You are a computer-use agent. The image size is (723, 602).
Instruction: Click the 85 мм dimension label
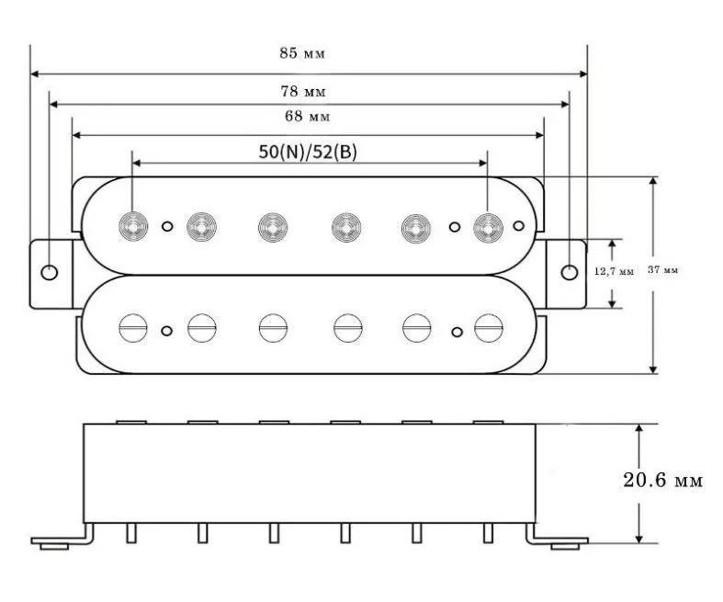click(302, 52)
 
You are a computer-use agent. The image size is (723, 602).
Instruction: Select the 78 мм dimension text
click(302, 92)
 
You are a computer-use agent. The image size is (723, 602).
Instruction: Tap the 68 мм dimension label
click(307, 117)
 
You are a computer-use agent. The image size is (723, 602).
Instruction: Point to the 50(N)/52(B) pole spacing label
click(308, 153)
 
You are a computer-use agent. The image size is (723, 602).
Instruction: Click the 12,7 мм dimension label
click(615, 272)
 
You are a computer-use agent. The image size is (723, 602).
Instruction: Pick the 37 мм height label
click(662, 270)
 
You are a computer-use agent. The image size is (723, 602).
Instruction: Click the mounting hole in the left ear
click(50, 272)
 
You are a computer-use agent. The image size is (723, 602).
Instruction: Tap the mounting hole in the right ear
click(570, 272)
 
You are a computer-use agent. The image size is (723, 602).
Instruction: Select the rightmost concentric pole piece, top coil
click(487, 225)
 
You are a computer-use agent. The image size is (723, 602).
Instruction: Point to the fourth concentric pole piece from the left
click(345, 225)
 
